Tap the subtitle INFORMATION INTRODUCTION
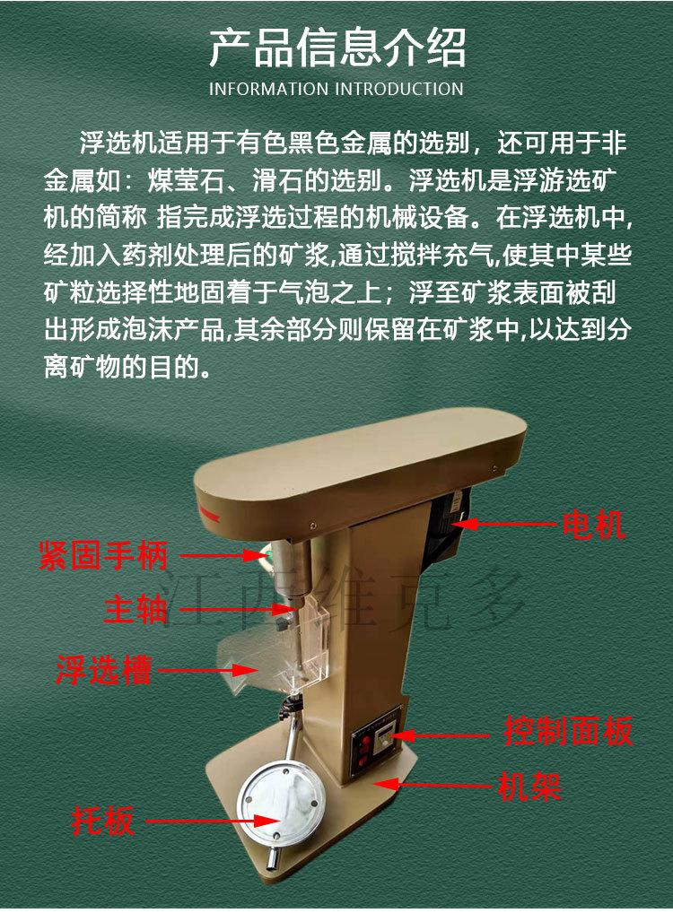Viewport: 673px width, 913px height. (336, 89)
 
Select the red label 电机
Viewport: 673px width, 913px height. (593, 525)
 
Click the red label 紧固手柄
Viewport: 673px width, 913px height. (103, 556)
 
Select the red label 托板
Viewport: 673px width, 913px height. (104, 821)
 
